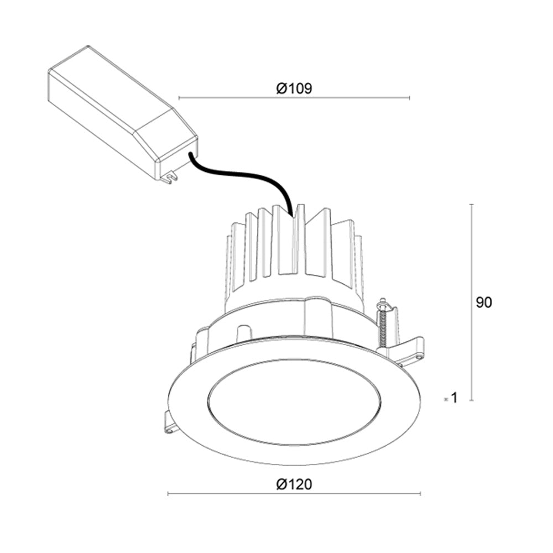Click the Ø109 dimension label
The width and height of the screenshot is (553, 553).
point(294,88)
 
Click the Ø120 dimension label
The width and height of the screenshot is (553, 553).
point(294,484)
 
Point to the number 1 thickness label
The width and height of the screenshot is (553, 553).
point(454,398)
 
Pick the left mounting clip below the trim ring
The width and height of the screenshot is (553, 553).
point(169,423)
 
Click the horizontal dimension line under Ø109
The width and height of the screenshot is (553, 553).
point(294,98)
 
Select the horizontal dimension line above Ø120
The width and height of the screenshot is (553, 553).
point(294,494)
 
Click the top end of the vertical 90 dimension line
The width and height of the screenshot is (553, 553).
point(471,205)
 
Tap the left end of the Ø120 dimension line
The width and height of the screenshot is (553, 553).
point(168,494)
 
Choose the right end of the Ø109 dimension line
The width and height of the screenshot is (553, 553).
point(409,98)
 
